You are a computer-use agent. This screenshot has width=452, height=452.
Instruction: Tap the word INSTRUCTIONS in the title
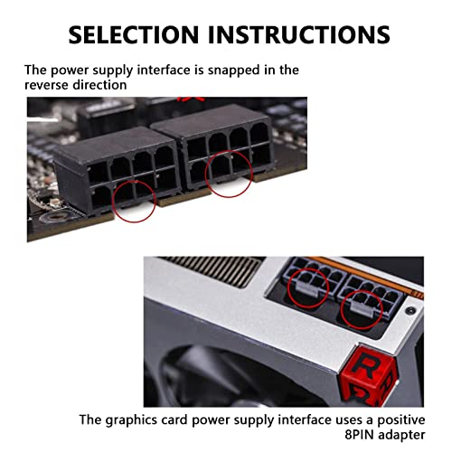(x=297, y=34)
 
